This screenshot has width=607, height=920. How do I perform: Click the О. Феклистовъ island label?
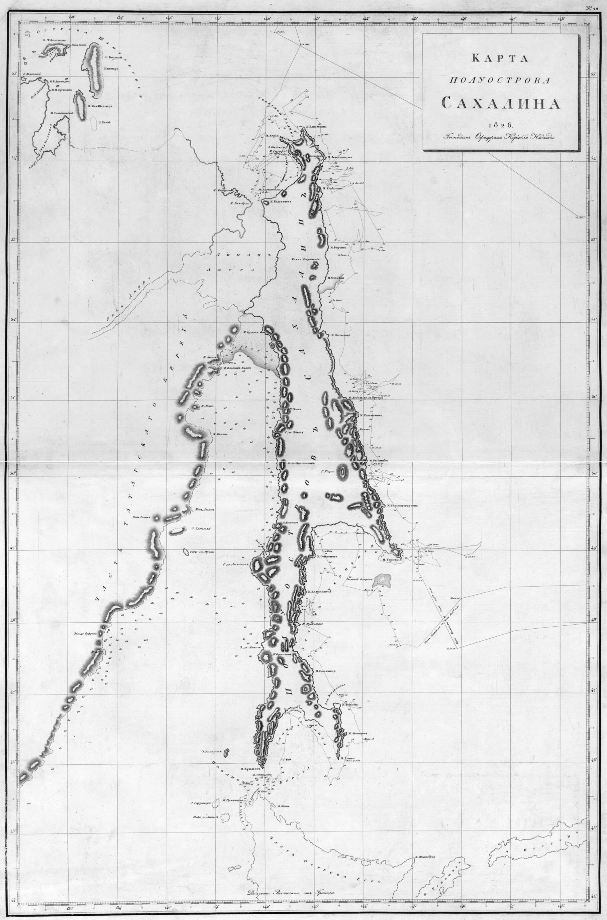52,39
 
